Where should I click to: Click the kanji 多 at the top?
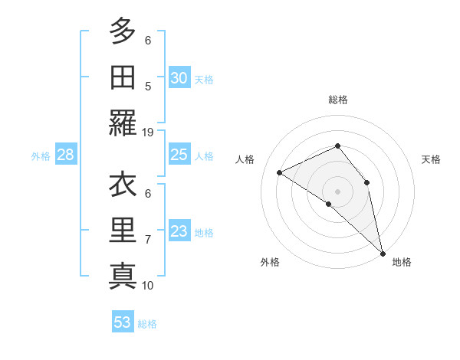122,31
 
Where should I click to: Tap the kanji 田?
122,77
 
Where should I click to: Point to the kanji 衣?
122,185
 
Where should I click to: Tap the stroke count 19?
148,132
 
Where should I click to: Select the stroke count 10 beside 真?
148,285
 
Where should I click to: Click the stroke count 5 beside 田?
148,87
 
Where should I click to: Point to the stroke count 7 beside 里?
148,240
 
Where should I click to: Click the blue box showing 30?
179,78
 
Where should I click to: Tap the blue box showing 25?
179,155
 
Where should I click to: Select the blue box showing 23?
179,231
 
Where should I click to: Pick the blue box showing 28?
66,155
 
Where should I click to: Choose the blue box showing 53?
123,322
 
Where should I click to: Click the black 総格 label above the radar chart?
338,100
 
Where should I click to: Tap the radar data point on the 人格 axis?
280,172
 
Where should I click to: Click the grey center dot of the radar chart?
337,190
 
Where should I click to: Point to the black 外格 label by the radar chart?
270,263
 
